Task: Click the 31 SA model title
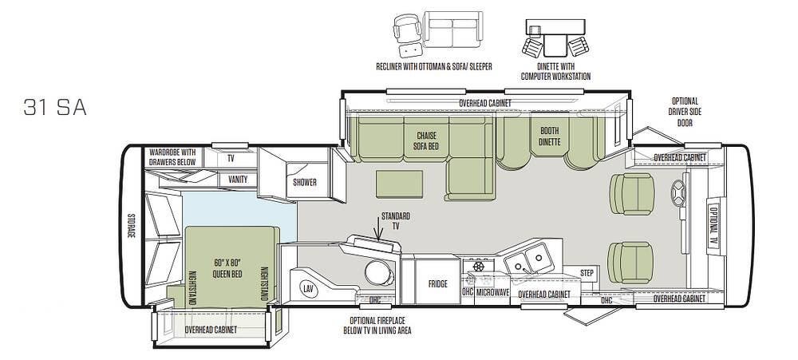click(x=55, y=108)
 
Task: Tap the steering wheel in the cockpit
click(x=678, y=193)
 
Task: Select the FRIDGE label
click(x=437, y=284)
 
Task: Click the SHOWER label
click(x=304, y=182)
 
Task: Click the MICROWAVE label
click(x=492, y=292)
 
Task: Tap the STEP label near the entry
click(x=587, y=274)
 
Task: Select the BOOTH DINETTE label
click(x=549, y=136)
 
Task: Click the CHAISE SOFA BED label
click(x=426, y=141)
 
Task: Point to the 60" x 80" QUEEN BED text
click(x=227, y=268)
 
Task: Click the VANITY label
click(x=238, y=180)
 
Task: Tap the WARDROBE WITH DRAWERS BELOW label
click(x=172, y=156)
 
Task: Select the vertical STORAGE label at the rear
click(x=130, y=226)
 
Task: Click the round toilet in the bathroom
click(x=379, y=273)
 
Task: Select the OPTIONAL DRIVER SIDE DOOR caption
click(x=685, y=112)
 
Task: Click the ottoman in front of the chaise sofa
click(x=400, y=184)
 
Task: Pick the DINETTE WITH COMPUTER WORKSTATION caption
click(x=555, y=71)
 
